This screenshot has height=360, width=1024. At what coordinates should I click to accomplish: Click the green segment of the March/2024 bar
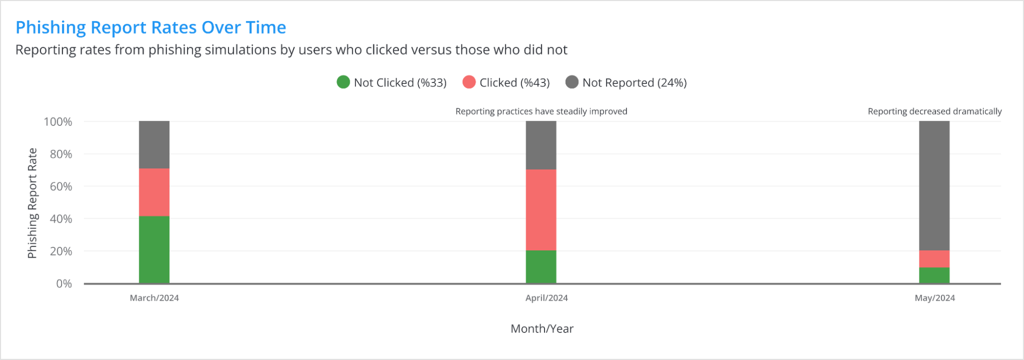(154, 249)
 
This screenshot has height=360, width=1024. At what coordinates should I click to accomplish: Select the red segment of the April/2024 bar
(541, 210)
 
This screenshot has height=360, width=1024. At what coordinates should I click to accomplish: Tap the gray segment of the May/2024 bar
(934, 185)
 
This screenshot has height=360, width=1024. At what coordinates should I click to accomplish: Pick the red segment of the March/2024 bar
(154, 192)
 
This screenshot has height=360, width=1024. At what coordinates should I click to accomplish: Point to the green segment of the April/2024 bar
(541, 267)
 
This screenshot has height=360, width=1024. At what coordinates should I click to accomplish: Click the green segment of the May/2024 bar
(934, 276)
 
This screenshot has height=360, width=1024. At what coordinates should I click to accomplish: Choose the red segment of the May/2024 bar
(934, 259)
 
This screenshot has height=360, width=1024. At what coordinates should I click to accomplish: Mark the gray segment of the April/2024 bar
(541, 145)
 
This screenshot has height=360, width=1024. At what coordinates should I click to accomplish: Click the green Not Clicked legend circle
(343, 82)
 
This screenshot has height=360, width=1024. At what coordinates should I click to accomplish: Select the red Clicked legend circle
(469, 82)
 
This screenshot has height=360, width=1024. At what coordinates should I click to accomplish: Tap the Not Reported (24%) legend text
(634, 82)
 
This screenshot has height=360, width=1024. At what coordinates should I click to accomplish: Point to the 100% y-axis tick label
(58, 122)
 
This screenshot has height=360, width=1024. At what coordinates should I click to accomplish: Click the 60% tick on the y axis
(61, 186)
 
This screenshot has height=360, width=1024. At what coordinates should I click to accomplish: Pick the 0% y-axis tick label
(64, 284)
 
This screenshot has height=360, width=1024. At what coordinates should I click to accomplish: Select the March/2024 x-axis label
(154, 298)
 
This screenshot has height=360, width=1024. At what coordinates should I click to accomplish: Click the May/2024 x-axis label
(934, 298)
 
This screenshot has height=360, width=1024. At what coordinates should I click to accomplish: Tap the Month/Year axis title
(542, 329)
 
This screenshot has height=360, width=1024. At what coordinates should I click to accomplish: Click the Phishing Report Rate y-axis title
(32, 203)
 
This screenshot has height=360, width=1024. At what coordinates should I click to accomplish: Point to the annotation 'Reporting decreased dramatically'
(934, 111)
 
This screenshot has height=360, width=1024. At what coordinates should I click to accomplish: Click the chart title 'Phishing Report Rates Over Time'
(151, 27)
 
